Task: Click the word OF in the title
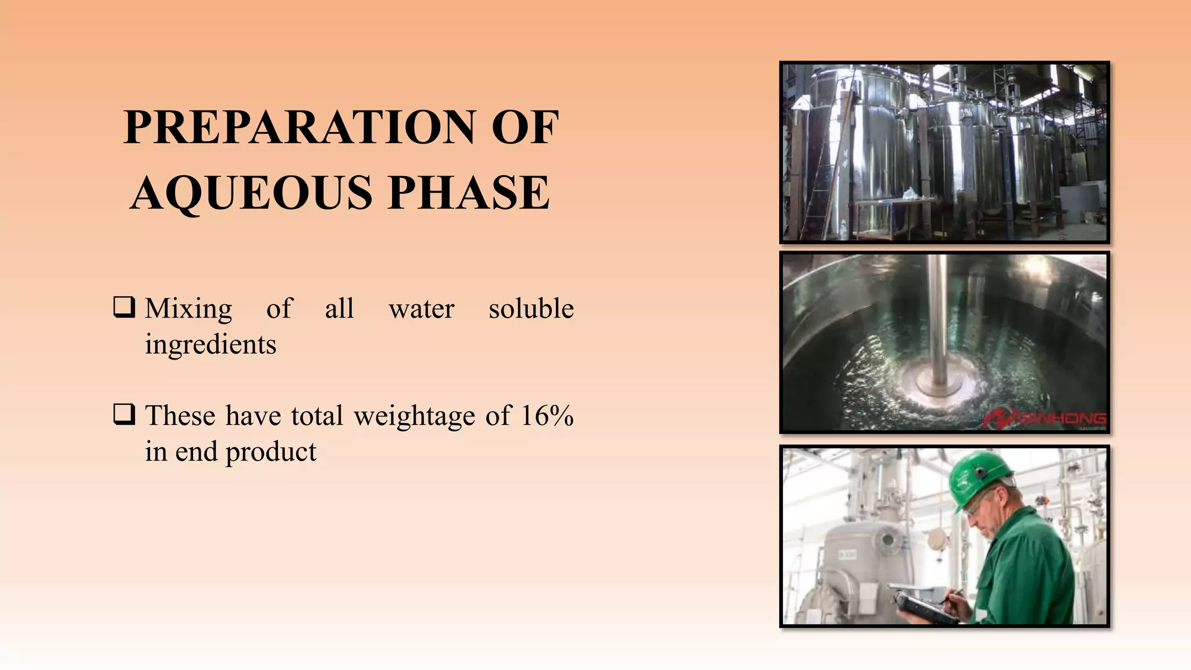[x=525, y=127]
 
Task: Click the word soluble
[x=531, y=308]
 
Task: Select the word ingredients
[x=211, y=344]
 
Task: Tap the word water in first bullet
[x=421, y=308]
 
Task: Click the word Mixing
[x=188, y=308]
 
